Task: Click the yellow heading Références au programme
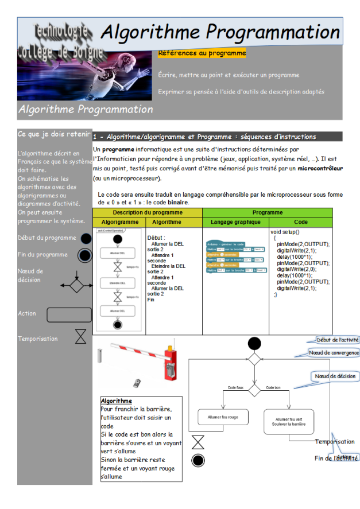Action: (x=202, y=53)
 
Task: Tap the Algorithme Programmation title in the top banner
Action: (x=220, y=31)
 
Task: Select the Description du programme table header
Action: (x=148, y=212)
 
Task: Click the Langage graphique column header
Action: (x=235, y=222)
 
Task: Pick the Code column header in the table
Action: (x=300, y=222)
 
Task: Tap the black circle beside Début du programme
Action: (x=86, y=238)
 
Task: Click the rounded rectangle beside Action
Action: (x=69, y=314)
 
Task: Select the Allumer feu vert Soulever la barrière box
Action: (x=289, y=422)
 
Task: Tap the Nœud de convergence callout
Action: (x=334, y=352)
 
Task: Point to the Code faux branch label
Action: (x=236, y=388)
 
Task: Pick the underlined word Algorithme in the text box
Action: (x=116, y=401)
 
